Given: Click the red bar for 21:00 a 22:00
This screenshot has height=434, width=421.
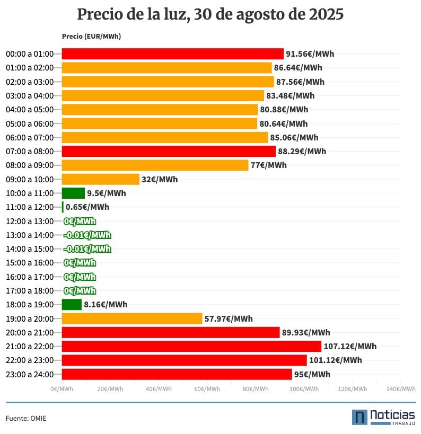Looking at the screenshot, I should tap(191, 347).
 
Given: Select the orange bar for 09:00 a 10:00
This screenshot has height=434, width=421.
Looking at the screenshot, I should tap(101, 179).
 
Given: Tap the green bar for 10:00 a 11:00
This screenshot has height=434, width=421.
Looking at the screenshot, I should tap(73, 193).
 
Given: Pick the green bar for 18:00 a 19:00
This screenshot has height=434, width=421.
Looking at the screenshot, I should tap(72, 305).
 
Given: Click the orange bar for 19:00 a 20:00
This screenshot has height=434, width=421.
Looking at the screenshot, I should tap(132, 318).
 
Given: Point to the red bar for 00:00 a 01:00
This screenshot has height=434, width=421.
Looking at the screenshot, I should tap(172, 54).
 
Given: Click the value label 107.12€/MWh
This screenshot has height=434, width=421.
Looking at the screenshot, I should tap(350, 347).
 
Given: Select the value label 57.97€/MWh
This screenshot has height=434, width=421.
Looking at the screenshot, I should tap(229, 318).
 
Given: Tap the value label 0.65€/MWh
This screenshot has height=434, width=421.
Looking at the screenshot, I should tap(87, 207).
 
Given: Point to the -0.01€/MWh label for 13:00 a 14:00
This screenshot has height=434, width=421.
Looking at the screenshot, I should tap(87, 235).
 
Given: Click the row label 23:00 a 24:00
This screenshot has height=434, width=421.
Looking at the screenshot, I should tap(30, 375).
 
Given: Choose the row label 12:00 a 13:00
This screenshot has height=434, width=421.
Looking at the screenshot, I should tap(30, 221).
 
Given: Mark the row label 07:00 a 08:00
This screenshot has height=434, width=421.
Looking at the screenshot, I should tap(30, 152).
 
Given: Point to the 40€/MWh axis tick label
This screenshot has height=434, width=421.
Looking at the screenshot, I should tap(159, 389).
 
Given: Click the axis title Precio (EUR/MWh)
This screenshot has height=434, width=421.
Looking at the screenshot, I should tap(91, 37).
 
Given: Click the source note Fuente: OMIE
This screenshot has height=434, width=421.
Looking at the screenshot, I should tap(26, 419).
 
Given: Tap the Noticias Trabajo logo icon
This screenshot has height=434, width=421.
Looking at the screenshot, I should tap(360, 417).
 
